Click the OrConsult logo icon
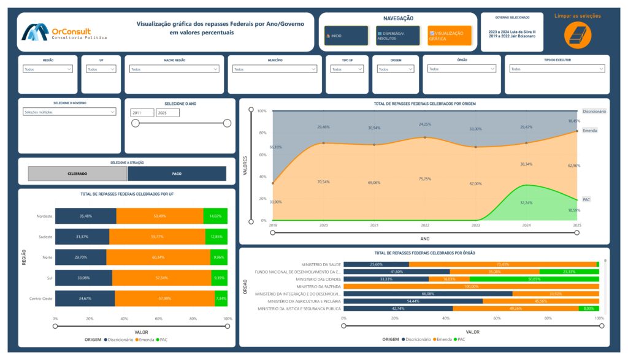click(x=35, y=33)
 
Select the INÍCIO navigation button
click(x=347, y=36)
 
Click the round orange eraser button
click(x=577, y=36)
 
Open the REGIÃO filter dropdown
click(x=48, y=69)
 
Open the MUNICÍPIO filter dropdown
click(x=275, y=69)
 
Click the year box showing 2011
click(x=142, y=113)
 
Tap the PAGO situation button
click(x=177, y=174)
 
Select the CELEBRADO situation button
click(x=77, y=174)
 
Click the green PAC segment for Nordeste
click(x=215, y=216)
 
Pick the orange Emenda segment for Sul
click(x=170, y=278)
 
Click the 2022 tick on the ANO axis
click(x=424, y=226)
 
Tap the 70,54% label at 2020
click(x=323, y=182)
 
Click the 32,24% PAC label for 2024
click(x=526, y=202)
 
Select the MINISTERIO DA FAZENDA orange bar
click(x=471, y=286)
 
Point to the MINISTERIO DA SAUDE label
click(x=317, y=264)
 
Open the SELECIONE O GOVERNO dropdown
click(x=69, y=112)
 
